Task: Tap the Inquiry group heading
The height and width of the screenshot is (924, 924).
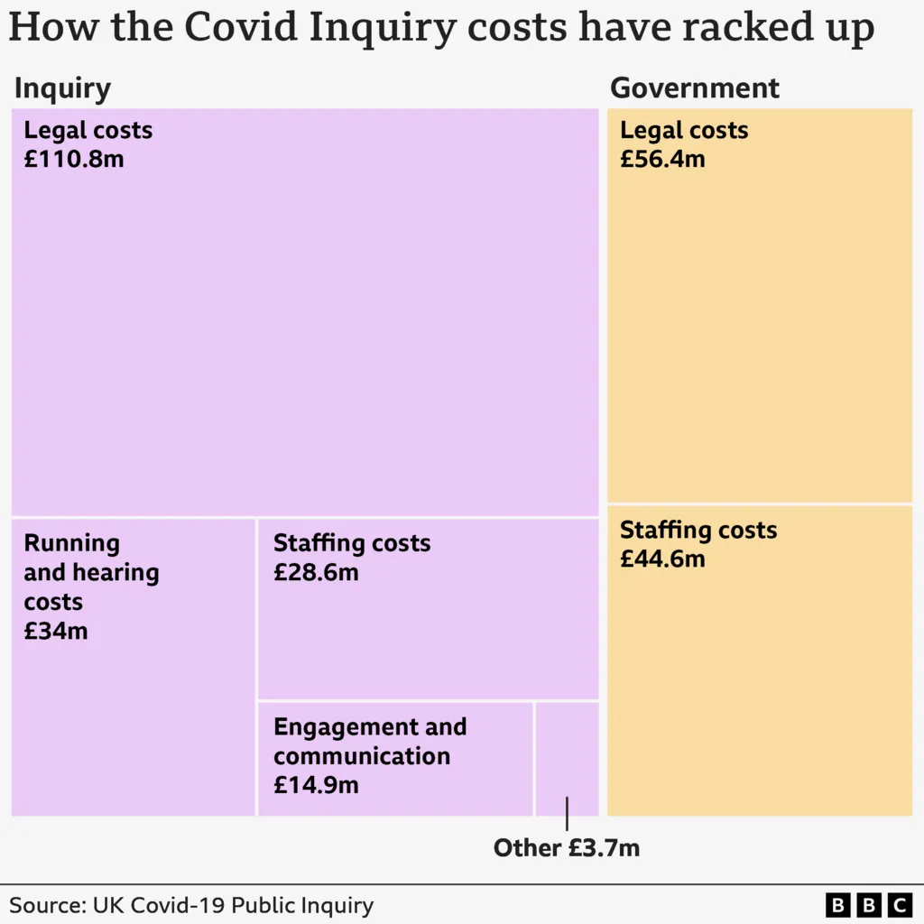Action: [62, 88]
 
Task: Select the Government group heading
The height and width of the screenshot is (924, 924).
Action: [695, 88]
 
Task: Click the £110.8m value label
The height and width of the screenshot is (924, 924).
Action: [74, 160]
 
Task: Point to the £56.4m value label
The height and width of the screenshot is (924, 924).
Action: [662, 160]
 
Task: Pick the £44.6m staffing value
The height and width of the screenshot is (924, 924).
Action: [662, 559]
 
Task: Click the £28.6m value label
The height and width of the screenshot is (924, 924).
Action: [316, 573]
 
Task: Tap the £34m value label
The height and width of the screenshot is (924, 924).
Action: [56, 631]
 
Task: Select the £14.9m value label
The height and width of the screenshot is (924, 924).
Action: [316, 785]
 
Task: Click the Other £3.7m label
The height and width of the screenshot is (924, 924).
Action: [566, 848]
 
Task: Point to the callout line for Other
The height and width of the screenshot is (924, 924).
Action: [567, 814]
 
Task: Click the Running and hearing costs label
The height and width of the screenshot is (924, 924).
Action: [91, 572]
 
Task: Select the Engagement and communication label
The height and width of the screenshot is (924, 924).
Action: [370, 741]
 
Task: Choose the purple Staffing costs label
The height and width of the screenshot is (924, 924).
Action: [352, 543]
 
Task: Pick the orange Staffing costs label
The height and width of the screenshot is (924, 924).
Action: [698, 530]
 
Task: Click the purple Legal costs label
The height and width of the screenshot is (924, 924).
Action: [88, 130]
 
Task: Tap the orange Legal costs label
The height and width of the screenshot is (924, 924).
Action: [684, 130]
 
